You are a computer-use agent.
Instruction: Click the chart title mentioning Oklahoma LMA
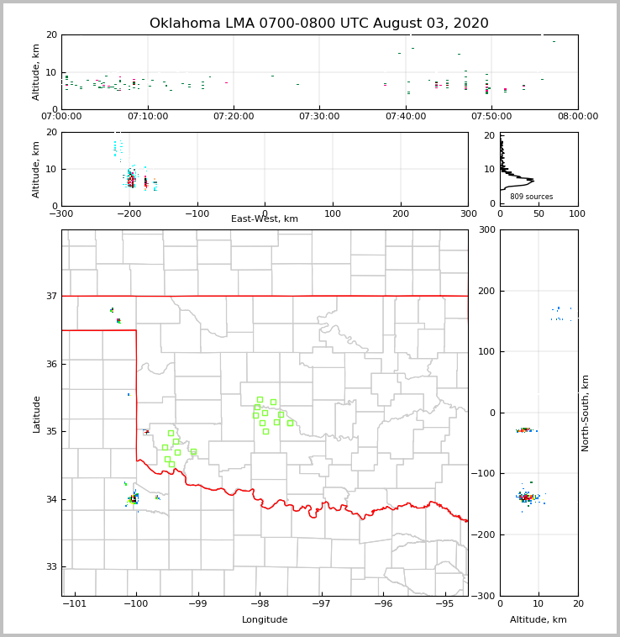(x=319, y=24)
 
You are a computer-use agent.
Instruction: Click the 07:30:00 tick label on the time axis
(x=319, y=116)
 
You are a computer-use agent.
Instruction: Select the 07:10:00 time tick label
(x=148, y=116)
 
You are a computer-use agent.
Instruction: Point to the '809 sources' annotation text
(x=532, y=197)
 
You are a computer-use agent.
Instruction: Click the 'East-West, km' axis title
(x=265, y=219)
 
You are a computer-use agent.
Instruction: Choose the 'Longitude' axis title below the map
(x=265, y=620)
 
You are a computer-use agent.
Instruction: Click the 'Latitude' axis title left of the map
(x=37, y=413)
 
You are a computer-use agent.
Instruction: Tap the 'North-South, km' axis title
(x=586, y=413)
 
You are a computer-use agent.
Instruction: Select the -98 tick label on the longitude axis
(x=260, y=603)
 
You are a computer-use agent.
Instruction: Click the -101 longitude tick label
(x=76, y=603)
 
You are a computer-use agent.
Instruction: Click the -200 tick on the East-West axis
(x=129, y=213)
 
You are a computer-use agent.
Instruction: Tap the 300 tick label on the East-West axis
(x=468, y=213)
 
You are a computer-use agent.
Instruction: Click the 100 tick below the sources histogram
(x=577, y=213)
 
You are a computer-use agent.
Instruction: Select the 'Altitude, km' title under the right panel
(x=539, y=620)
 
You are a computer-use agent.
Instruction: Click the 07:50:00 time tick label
(x=492, y=116)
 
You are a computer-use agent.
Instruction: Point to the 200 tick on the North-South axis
(x=486, y=291)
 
